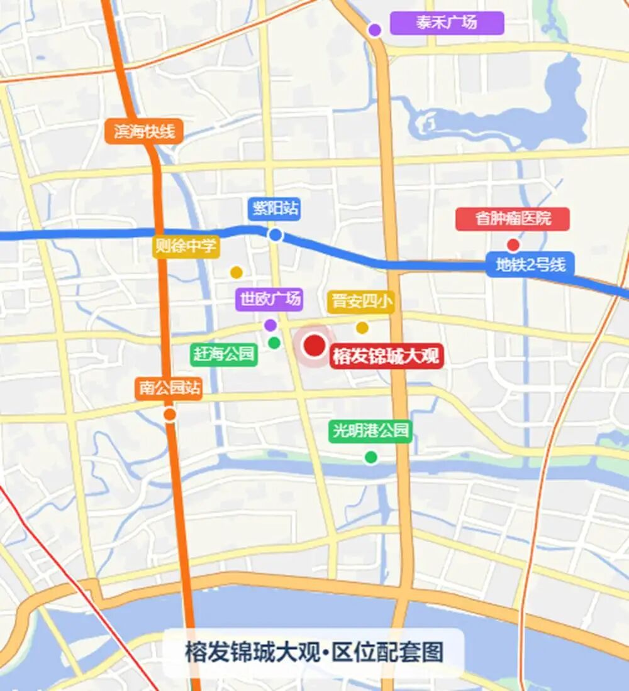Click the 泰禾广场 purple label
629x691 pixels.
point(447,23)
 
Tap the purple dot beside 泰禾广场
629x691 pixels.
point(375,30)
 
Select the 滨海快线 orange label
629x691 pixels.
point(144,132)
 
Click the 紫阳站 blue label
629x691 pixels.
point(274,209)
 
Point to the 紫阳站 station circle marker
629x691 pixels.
point(275,236)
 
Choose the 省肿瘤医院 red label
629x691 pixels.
point(513,219)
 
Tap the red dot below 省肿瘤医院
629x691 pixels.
point(513,245)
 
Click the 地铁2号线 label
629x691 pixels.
point(530,264)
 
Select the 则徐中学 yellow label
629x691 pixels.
point(186,246)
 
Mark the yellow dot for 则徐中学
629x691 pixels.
point(236,273)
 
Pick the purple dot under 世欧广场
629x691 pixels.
point(270,325)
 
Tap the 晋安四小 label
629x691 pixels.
point(360,302)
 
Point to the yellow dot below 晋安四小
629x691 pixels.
point(362,327)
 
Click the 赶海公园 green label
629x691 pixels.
point(224,354)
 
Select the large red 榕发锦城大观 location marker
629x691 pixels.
point(314,345)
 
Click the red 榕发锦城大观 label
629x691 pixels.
point(386,356)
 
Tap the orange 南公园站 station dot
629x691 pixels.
point(169,415)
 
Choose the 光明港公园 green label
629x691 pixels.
point(370,431)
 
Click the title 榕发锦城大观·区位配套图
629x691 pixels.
point(314,652)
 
